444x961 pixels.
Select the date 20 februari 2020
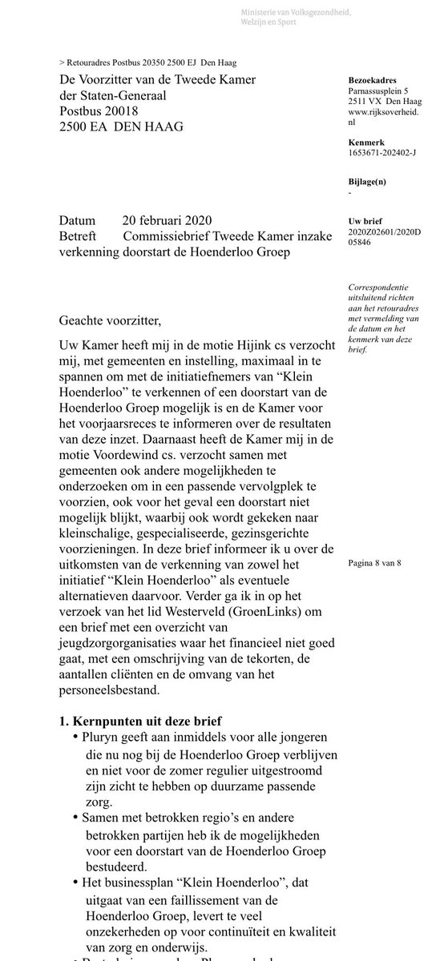click(x=168, y=221)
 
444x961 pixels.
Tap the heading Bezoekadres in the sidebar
click(x=373, y=80)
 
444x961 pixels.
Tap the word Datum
click(x=77, y=221)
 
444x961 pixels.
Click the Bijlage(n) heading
click(x=369, y=182)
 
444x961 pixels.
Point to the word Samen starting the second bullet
click(x=100, y=818)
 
